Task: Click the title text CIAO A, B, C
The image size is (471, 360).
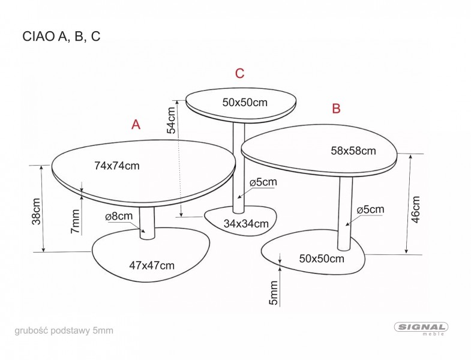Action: (61, 37)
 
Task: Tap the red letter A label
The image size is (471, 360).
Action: (136, 124)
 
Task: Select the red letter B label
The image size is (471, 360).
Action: (336, 108)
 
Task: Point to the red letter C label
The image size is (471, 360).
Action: (240, 73)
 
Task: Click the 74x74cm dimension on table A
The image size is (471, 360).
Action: (117, 166)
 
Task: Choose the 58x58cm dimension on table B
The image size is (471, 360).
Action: (353, 151)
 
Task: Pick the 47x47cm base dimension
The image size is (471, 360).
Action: (152, 265)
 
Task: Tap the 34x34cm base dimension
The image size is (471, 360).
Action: (246, 224)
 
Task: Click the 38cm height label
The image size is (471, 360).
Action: (37, 211)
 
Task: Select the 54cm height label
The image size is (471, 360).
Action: (171, 120)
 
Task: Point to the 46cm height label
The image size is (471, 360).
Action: (415, 209)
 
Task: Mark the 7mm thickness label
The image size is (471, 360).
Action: (75, 221)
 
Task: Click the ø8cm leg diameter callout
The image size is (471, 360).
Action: (119, 216)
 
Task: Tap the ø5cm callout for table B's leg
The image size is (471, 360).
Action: (370, 209)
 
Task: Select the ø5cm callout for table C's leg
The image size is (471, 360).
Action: (263, 182)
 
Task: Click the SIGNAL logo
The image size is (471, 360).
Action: (421, 328)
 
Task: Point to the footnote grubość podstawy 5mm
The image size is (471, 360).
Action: (64, 331)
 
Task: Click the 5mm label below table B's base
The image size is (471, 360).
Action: (274, 293)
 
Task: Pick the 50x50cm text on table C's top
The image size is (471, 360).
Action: (245, 103)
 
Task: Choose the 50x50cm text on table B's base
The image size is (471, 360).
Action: (322, 259)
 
